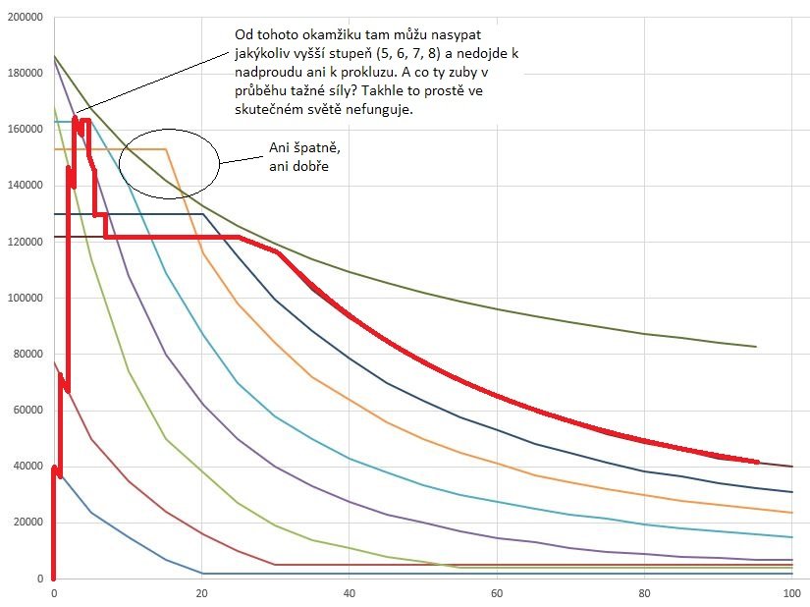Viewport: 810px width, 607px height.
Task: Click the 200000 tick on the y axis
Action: click(22, 17)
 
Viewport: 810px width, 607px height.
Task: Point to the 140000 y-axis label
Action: click(22, 185)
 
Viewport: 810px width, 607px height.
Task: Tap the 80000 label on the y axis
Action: click(25, 354)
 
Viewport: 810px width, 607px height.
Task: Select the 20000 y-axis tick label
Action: click(25, 522)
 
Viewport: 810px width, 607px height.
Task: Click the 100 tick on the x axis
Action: click(791, 593)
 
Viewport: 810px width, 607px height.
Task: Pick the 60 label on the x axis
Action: click(497, 593)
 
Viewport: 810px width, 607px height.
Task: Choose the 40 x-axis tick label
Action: click(349, 593)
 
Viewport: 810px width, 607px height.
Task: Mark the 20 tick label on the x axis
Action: click(201, 593)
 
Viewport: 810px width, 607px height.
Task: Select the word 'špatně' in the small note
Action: click(309, 147)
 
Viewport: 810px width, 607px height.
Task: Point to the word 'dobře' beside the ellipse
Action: click(307, 166)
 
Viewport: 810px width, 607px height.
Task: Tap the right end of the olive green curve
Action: click(755, 347)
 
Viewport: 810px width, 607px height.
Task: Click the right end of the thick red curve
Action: click(757, 461)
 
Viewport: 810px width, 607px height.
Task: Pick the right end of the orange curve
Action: click(791, 513)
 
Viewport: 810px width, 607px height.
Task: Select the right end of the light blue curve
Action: click(791, 537)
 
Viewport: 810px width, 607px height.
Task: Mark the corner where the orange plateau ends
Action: click(166, 149)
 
